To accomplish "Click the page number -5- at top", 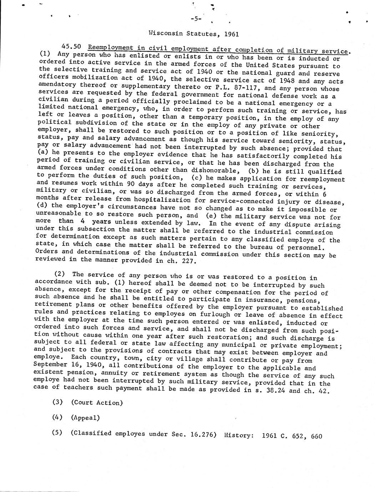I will click(x=196, y=19).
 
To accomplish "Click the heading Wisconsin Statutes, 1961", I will click(x=193, y=34).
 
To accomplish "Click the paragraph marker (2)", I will click(x=60, y=275).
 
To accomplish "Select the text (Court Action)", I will click(x=97, y=403).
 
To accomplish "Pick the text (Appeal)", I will click(x=85, y=418).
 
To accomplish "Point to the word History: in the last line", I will click(x=239, y=435).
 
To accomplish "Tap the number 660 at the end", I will click(x=316, y=436).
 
